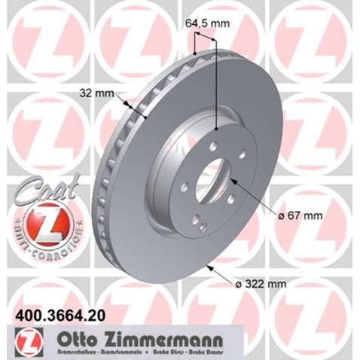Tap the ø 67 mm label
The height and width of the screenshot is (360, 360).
point(301,215)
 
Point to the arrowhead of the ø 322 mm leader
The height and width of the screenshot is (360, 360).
point(212,265)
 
